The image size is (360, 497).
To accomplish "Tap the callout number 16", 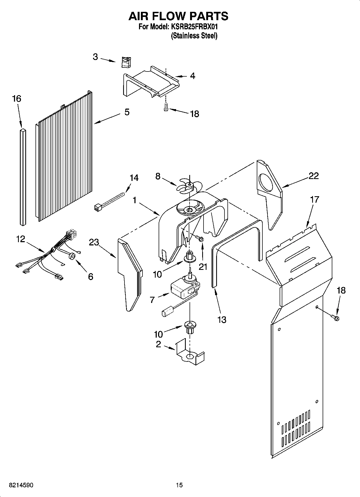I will point(16,99).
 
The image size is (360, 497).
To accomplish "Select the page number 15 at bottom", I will point(179,485).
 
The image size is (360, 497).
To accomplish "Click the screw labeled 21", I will point(200,238).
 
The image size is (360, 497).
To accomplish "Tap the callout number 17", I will point(314,200).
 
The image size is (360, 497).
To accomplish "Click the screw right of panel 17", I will point(336,318).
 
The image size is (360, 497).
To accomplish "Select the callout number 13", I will point(222,320).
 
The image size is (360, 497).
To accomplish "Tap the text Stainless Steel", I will point(194,36).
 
